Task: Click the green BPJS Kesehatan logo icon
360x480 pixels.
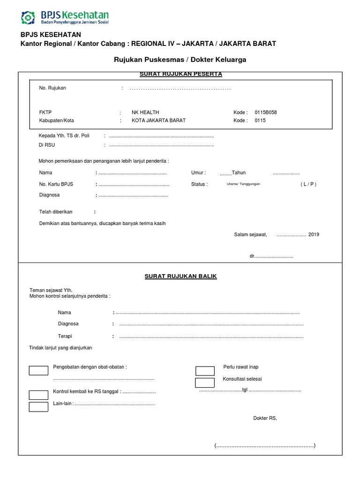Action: (x=28, y=17)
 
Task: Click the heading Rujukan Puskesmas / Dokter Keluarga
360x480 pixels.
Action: (x=180, y=60)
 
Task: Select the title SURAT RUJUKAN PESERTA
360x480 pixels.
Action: (x=181, y=74)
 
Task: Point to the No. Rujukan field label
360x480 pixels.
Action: (x=52, y=88)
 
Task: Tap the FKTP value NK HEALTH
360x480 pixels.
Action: (x=145, y=112)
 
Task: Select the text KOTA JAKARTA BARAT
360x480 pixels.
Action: (x=158, y=120)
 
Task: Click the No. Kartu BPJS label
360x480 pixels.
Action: (x=56, y=184)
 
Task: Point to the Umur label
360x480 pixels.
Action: (x=198, y=173)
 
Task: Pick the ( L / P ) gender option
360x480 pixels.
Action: (x=308, y=184)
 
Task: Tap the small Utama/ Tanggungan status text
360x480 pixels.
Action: (x=243, y=184)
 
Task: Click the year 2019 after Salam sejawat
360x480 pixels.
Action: (x=314, y=234)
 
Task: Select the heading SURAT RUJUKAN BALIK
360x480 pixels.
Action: (x=180, y=277)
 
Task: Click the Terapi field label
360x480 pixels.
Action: (x=65, y=336)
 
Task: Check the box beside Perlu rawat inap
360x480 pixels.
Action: (x=205, y=371)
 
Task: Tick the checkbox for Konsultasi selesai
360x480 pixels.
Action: (x=205, y=382)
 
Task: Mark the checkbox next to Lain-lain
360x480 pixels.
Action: (x=38, y=407)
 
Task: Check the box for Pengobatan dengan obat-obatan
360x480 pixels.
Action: (x=38, y=371)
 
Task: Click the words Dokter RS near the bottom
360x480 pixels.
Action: (x=265, y=418)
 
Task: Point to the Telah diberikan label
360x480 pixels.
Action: (x=56, y=212)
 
